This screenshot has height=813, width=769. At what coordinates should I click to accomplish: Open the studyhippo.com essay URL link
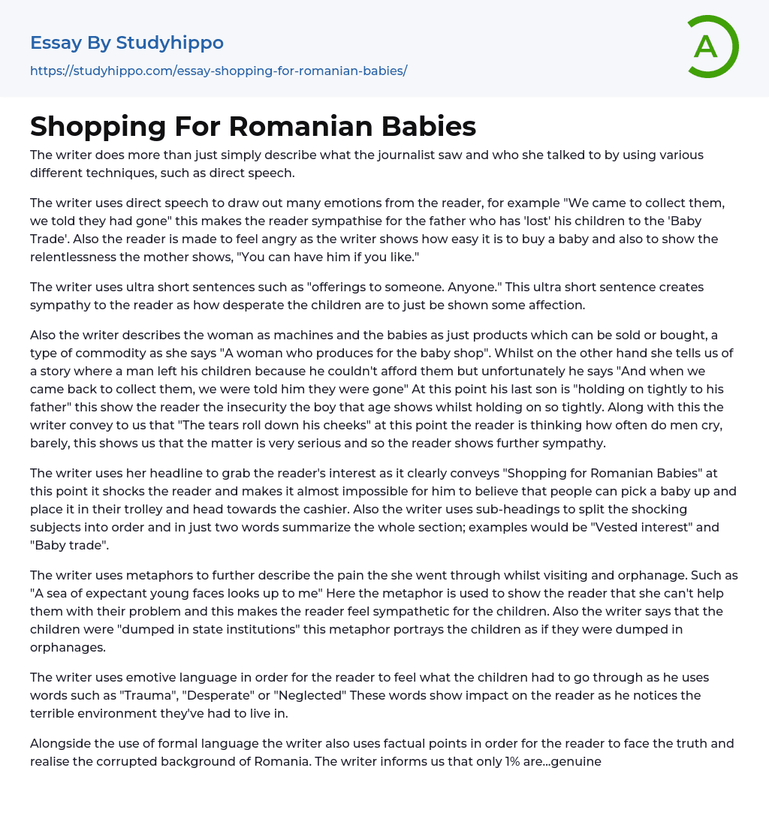point(219,71)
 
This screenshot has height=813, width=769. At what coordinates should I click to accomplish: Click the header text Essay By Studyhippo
point(127,43)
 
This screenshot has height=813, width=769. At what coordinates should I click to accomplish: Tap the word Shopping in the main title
point(96,127)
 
